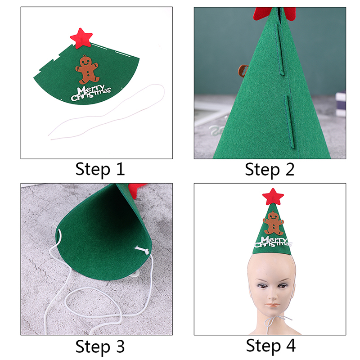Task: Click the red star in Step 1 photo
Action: (x=81, y=38)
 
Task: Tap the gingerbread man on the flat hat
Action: (x=87, y=70)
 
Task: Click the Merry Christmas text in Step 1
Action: (x=91, y=93)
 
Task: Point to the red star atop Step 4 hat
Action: (x=273, y=197)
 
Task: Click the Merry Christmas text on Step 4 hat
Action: (x=273, y=242)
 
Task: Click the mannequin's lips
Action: (x=273, y=305)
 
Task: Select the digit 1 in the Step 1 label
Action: (x=121, y=169)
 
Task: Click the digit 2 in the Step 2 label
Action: (x=290, y=170)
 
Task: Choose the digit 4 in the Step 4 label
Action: (x=291, y=345)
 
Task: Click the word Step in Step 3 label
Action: (x=93, y=347)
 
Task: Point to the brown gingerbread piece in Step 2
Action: (x=243, y=70)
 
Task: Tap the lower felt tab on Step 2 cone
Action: (x=289, y=121)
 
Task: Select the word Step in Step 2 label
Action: (x=262, y=170)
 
